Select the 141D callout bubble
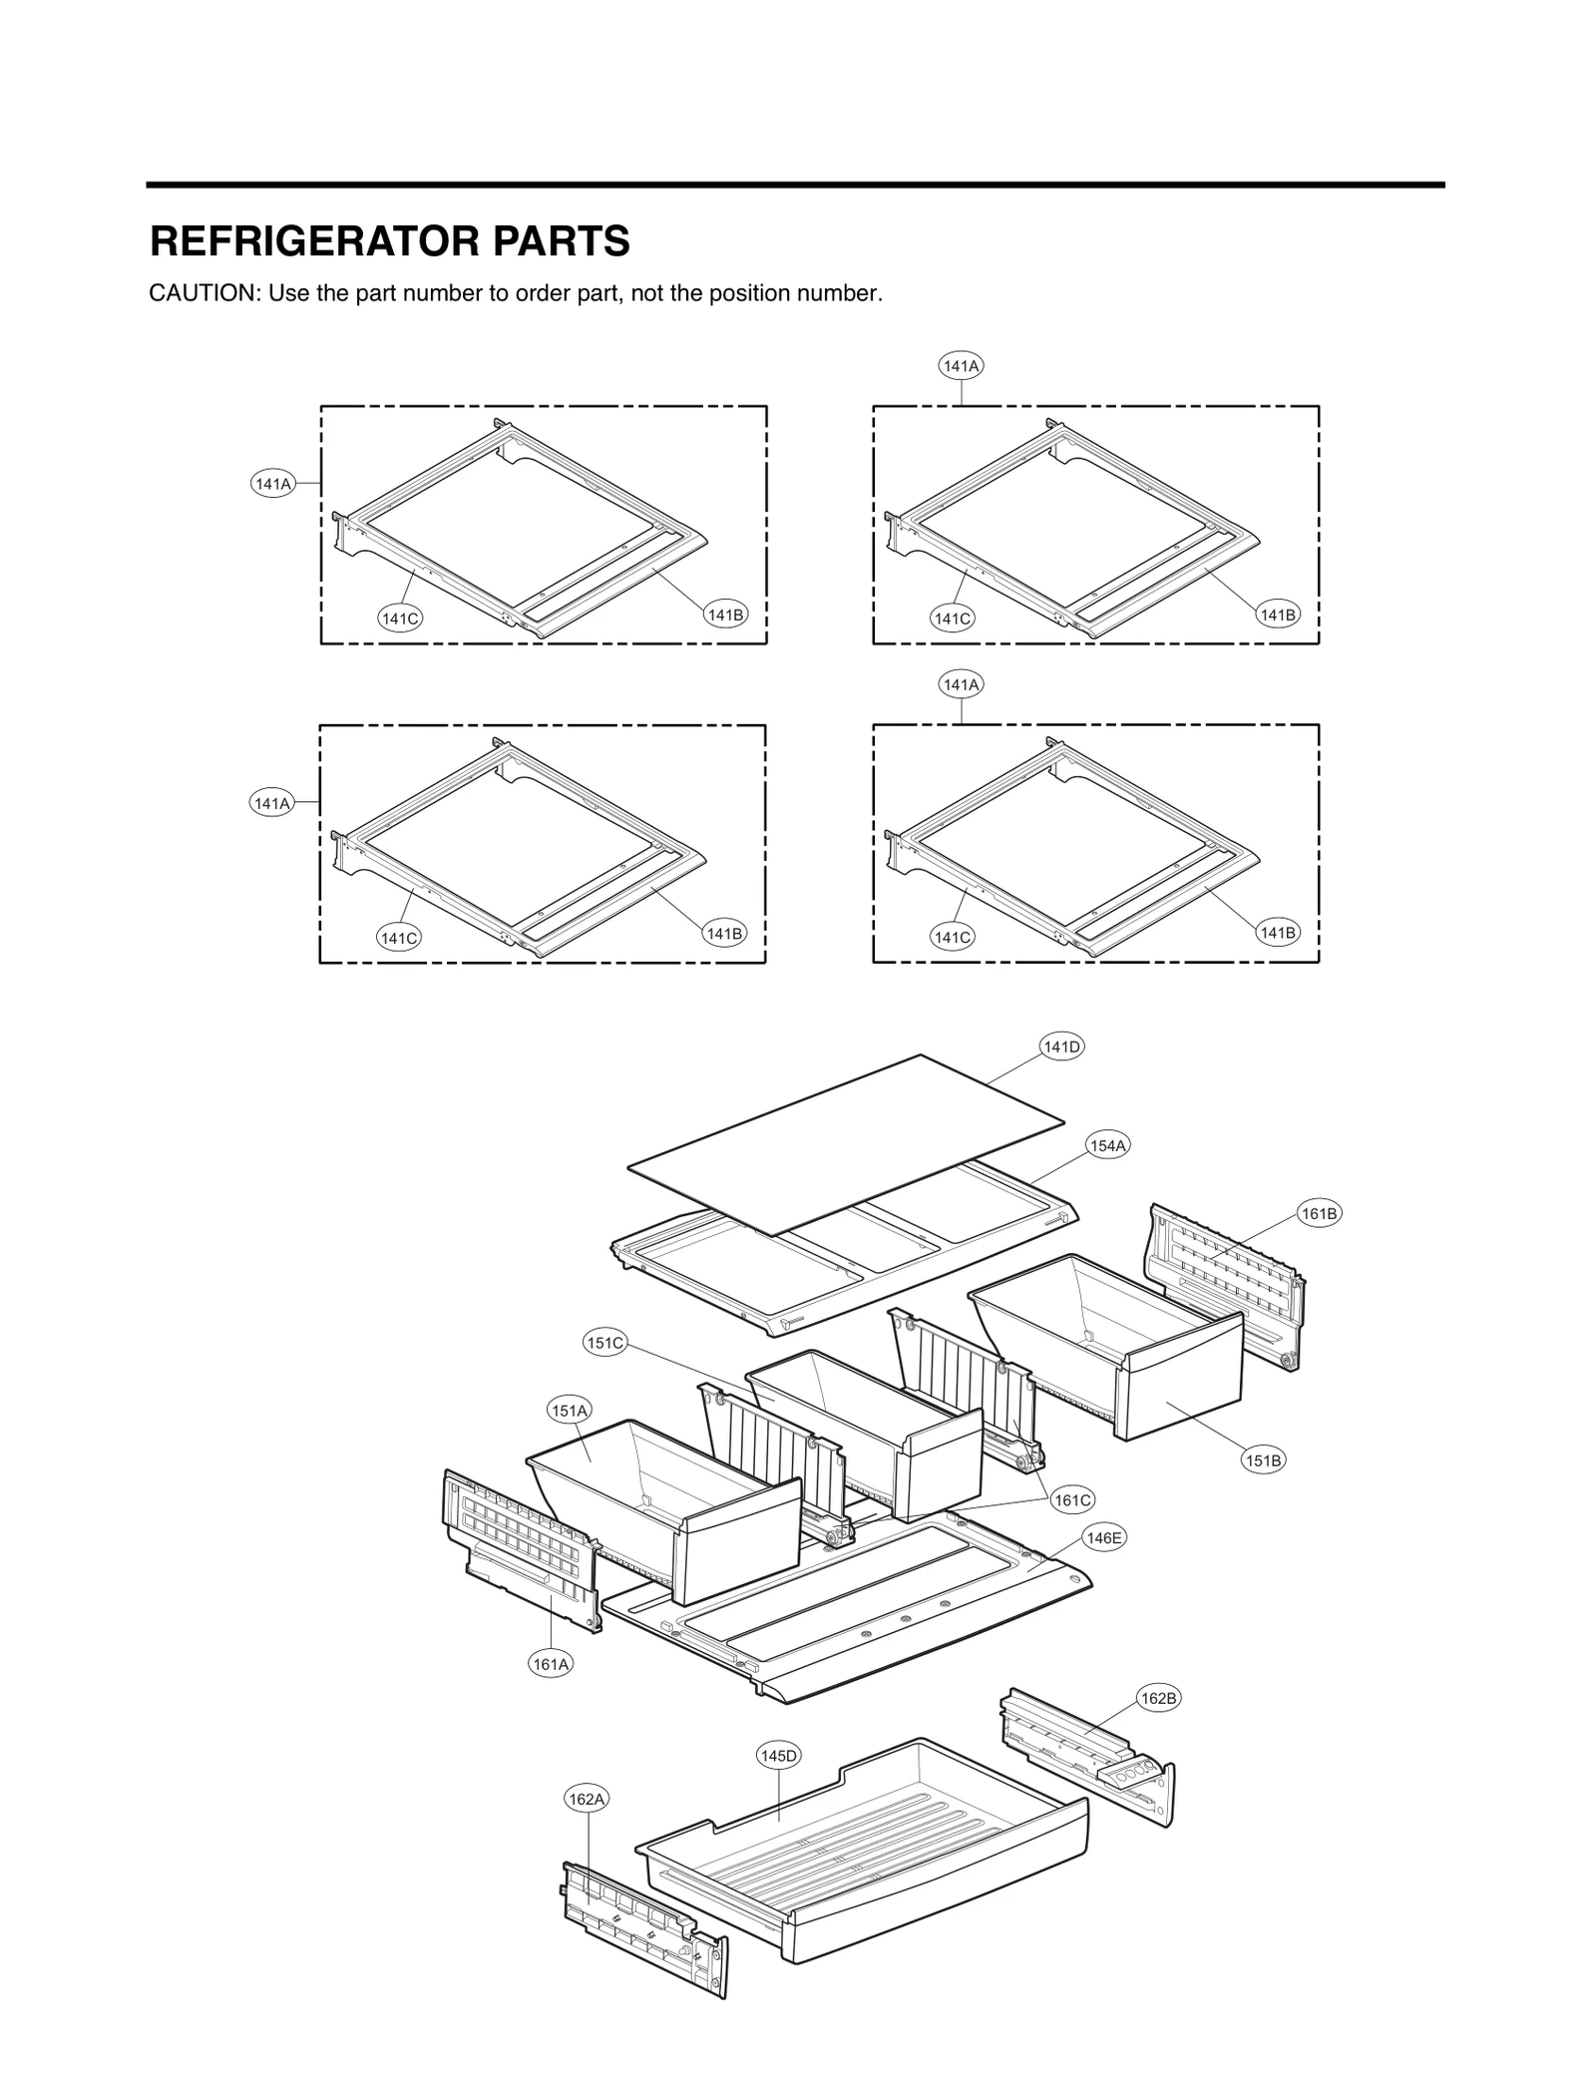pyautogui.click(x=1061, y=1046)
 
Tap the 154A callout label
pyautogui.click(x=1107, y=1146)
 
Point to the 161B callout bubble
pyautogui.click(x=1319, y=1213)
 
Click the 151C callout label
pyautogui.click(x=604, y=1343)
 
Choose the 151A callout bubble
pyautogui.click(x=570, y=1410)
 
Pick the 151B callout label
pyautogui.click(x=1263, y=1460)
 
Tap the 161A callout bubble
pyautogui.click(x=551, y=1664)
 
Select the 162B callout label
pyautogui.click(x=1159, y=1698)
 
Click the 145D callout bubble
pyautogui.click(x=779, y=1756)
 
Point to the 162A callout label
pyautogui.click(x=587, y=1799)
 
